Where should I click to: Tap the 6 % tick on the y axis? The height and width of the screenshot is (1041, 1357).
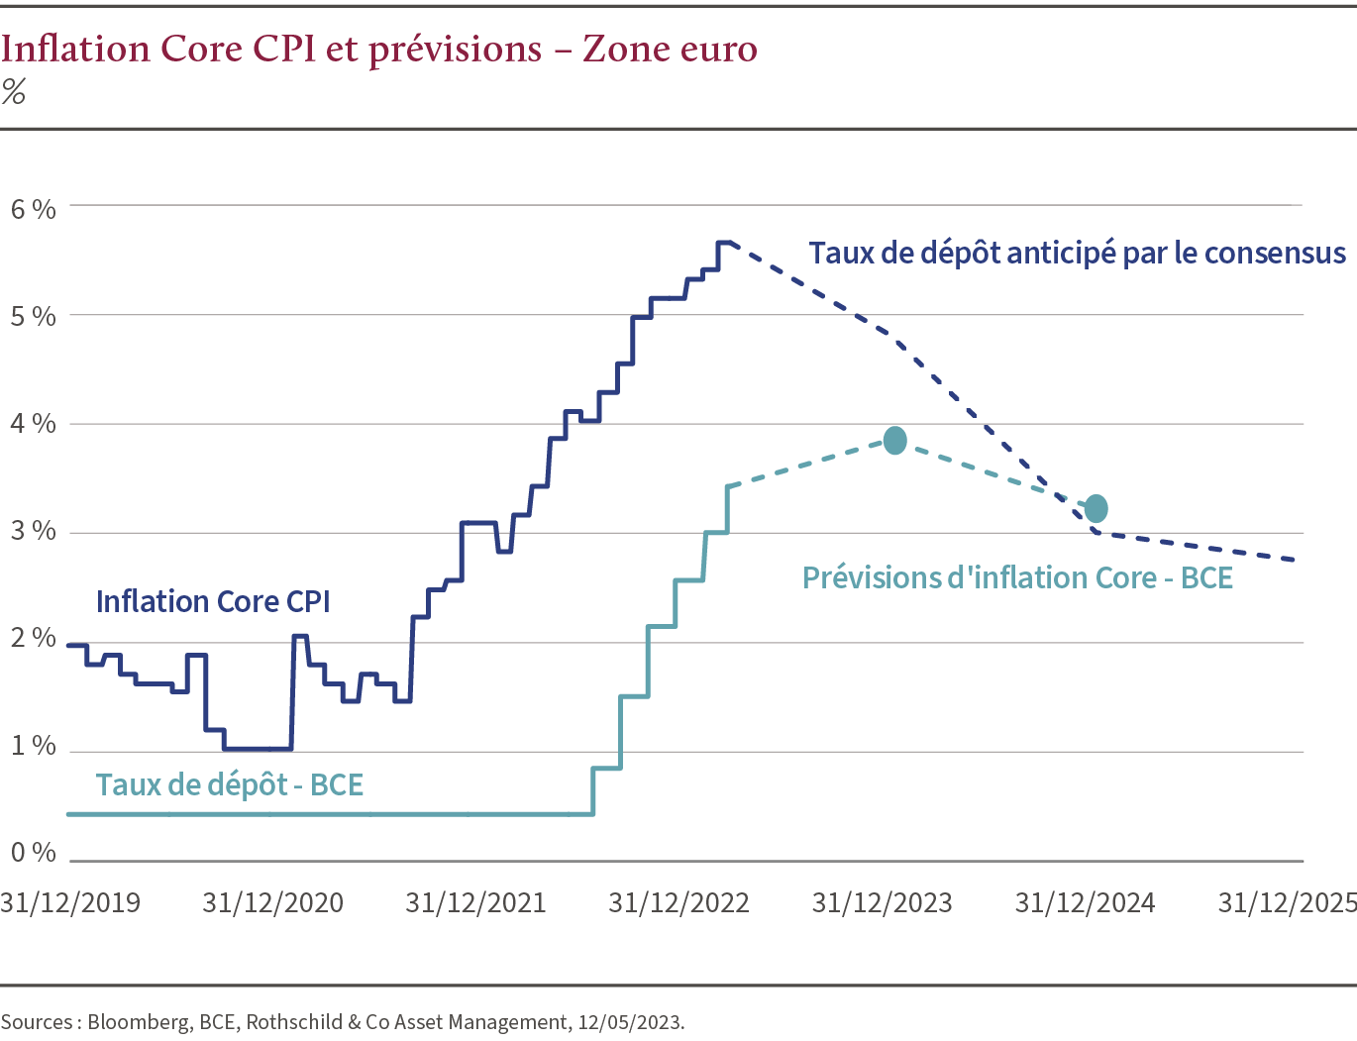(x=33, y=209)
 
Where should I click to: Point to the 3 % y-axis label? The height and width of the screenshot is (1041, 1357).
(x=33, y=531)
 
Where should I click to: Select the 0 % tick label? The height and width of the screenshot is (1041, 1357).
(x=33, y=853)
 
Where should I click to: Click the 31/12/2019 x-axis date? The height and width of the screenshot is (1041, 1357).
(x=70, y=903)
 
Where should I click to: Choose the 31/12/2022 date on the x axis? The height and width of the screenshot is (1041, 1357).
(x=678, y=903)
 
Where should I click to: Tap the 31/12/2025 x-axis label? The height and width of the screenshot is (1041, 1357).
(x=1286, y=903)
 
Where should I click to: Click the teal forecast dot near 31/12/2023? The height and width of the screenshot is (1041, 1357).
(x=894, y=441)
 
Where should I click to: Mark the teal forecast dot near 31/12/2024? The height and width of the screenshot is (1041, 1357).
(x=1096, y=509)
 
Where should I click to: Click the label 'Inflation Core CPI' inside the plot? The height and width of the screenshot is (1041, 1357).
(x=213, y=601)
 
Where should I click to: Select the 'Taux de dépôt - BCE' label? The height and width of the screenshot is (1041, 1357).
(x=230, y=784)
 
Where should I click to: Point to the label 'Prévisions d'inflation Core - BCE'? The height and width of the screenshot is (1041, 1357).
(x=1017, y=577)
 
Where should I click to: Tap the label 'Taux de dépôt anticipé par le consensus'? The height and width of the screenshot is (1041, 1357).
(x=1077, y=254)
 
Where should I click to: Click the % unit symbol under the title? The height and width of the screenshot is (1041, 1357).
(x=14, y=92)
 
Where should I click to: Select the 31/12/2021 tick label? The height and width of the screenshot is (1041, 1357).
(x=475, y=903)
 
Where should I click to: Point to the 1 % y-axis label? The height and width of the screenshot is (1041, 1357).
(x=33, y=746)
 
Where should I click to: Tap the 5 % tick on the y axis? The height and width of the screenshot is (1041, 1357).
(x=33, y=317)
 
